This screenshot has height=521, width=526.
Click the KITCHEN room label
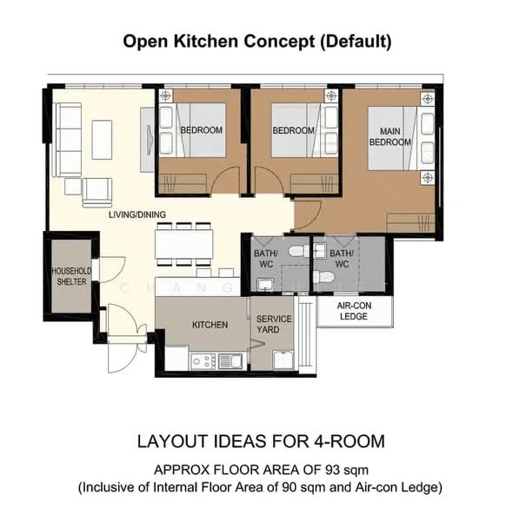210,325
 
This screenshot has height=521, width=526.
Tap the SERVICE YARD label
274,324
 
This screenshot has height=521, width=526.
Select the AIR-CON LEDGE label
354,311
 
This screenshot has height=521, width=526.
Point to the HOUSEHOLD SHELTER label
71,276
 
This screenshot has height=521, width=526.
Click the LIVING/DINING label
137,214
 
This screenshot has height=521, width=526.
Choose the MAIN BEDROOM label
390,136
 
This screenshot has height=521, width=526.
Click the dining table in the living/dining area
184,244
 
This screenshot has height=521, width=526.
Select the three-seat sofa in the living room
67,140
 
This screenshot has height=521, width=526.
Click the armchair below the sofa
97,193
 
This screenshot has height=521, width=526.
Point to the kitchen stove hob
203,361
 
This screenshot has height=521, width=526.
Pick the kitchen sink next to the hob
230,361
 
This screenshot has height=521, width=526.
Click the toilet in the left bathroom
299,251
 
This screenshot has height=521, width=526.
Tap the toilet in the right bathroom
323,277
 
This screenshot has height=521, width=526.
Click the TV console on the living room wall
148,140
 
